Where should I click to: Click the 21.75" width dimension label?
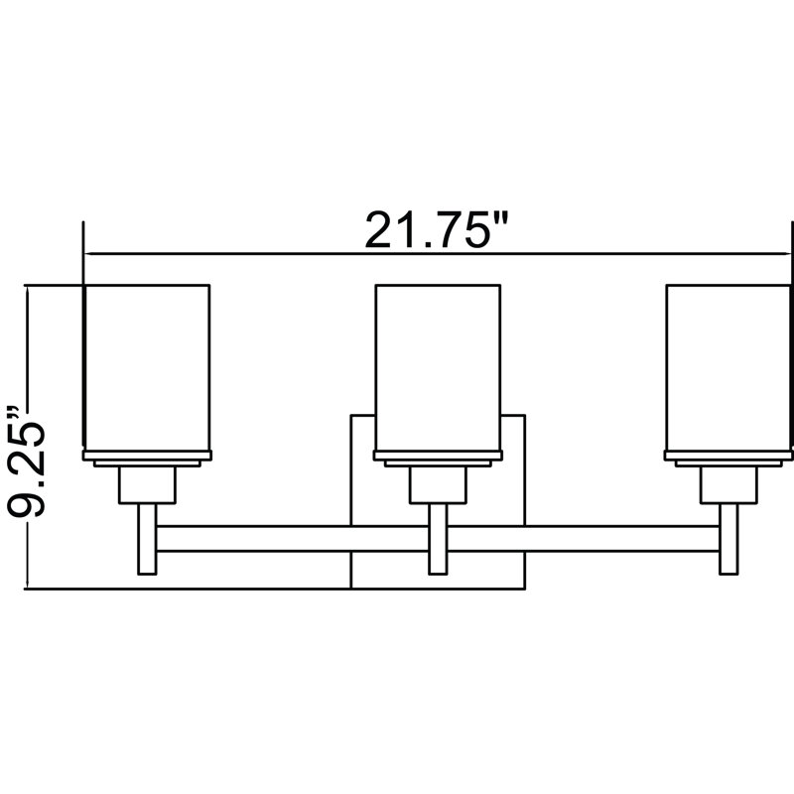(429, 230)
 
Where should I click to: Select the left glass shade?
(146, 367)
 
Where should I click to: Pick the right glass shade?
(728, 367)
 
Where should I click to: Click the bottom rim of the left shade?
(147, 458)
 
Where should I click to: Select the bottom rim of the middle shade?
(438, 458)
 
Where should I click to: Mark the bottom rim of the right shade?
(729, 458)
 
